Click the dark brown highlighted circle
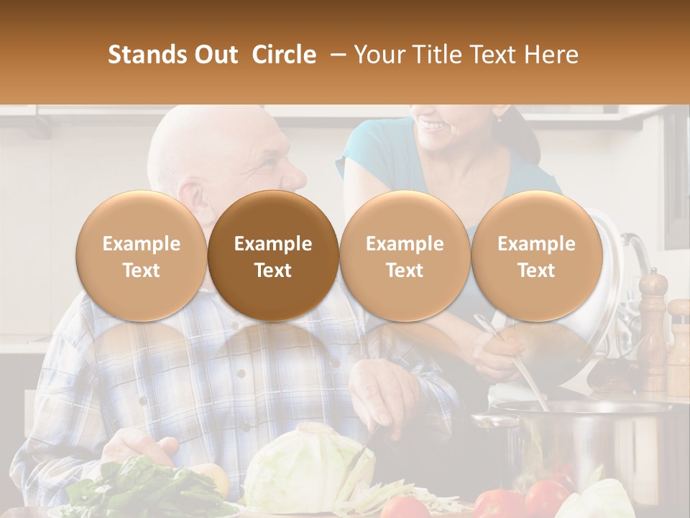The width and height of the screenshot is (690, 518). pos(273,256)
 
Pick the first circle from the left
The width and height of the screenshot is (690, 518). pos(141,256)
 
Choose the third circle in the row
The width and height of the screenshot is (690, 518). pos(405,256)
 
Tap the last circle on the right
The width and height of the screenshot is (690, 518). pos(536,256)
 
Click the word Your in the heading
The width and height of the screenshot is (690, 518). pos(379,55)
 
